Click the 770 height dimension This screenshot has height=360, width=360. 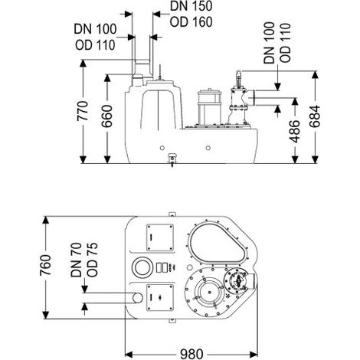click(x=83, y=111)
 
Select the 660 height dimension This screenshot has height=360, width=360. click(x=107, y=116)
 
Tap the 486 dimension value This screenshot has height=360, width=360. click(x=295, y=131)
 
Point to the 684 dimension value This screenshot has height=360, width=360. click(x=315, y=116)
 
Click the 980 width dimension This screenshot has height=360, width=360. click(x=191, y=354)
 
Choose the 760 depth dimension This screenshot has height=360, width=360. click(x=45, y=265)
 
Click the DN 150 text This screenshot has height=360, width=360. click(x=191, y=6)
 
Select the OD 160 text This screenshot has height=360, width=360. click(x=191, y=22)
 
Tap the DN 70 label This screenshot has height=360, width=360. click(x=76, y=260)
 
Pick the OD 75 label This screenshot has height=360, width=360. click(x=92, y=260)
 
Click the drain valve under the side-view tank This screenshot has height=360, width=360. click(x=172, y=159)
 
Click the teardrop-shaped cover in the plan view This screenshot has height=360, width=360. click(x=218, y=244)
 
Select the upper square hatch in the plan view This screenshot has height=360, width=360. click(x=160, y=237)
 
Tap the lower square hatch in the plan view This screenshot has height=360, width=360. click(x=160, y=298)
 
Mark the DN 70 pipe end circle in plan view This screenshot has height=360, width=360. click(x=138, y=298)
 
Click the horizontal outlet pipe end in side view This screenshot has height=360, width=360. click(x=254, y=97)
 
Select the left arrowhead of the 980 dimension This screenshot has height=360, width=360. click(x=129, y=354)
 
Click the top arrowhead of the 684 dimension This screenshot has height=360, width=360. click(x=315, y=75)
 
